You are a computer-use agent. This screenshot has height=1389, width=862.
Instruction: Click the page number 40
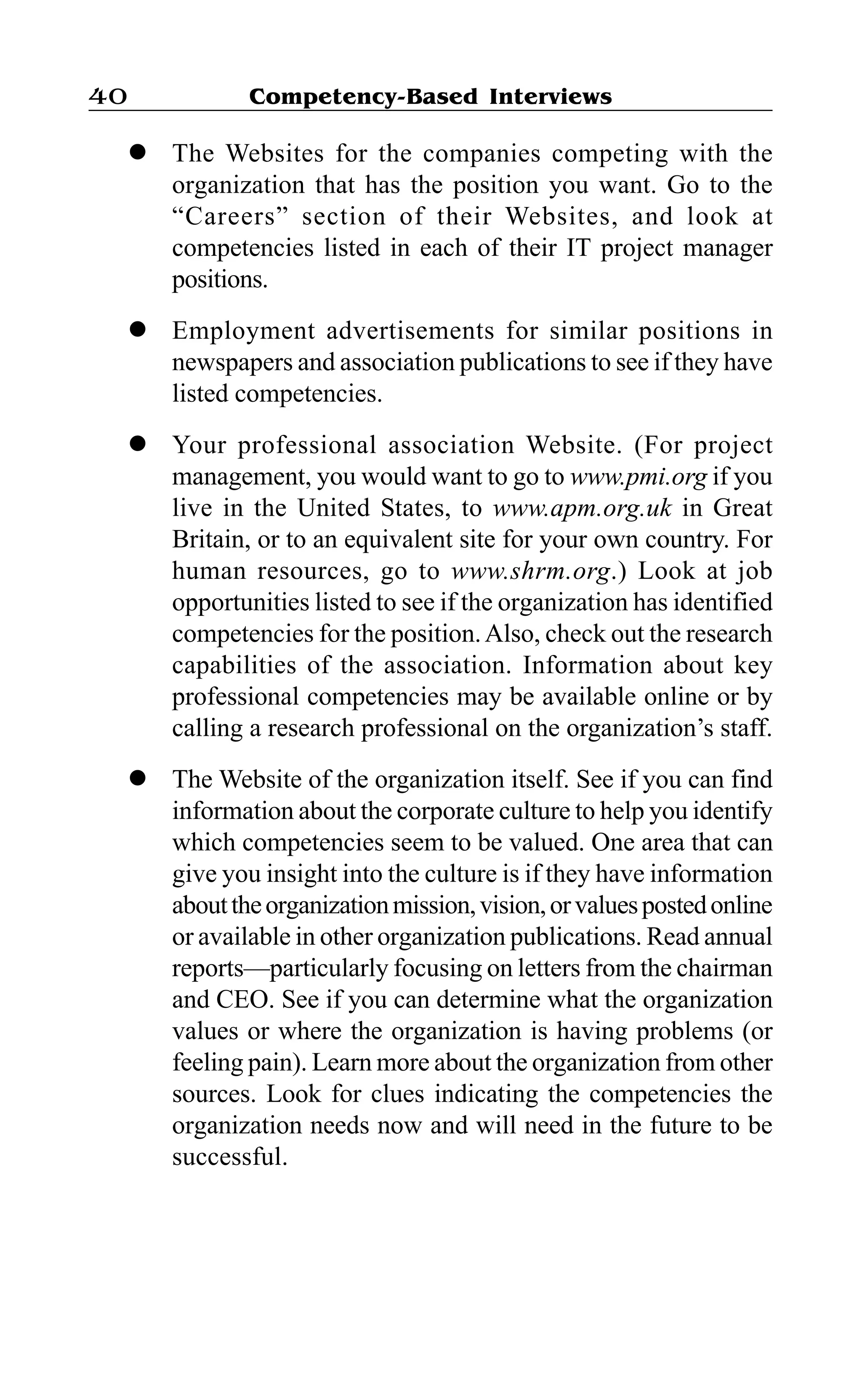108,96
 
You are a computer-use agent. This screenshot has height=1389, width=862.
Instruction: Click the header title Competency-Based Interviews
430,96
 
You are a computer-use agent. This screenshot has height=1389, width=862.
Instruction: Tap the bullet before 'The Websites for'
137,152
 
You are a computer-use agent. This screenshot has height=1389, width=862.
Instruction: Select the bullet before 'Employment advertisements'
137,329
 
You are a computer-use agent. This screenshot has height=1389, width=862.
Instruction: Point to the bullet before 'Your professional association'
137,444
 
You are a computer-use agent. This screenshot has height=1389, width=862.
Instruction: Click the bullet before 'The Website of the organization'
137,778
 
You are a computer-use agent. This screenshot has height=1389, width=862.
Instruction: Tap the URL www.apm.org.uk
582,508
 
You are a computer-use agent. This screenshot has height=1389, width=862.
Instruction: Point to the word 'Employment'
243,331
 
